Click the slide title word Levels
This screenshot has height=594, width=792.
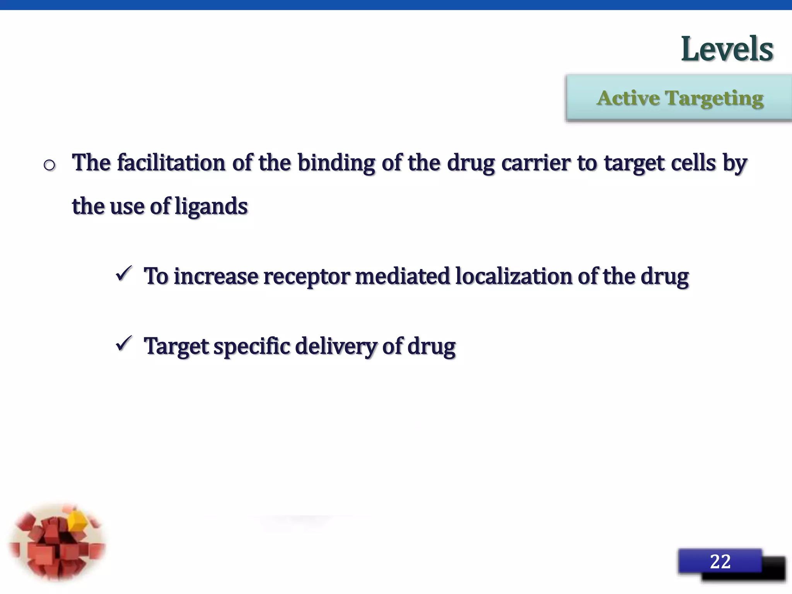727,49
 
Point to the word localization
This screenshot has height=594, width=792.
514,277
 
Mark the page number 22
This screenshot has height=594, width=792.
720,562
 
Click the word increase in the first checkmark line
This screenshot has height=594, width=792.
216,277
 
